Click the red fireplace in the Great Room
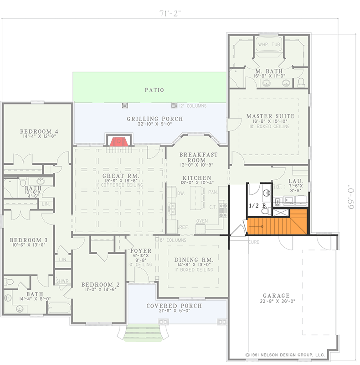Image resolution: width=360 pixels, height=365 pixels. pyautogui.click(x=118, y=142)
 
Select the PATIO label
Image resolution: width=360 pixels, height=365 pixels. pyautogui.click(x=155, y=90)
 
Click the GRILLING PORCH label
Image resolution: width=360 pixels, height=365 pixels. pyautogui.click(x=155, y=119)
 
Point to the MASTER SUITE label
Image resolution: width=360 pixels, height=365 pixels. pyautogui.click(x=270, y=116)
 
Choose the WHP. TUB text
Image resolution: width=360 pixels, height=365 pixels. pyautogui.click(x=269, y=45)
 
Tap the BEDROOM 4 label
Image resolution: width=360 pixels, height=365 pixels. pyautogui.click(x=39, y=132)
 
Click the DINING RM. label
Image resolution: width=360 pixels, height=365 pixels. pyautogui.click(x=194, y=260)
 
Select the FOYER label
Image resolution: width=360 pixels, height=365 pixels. pyautogui.click(x=138, y=251)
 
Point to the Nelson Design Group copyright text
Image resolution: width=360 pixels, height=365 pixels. pyautogui.click(x=285, y=354)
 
